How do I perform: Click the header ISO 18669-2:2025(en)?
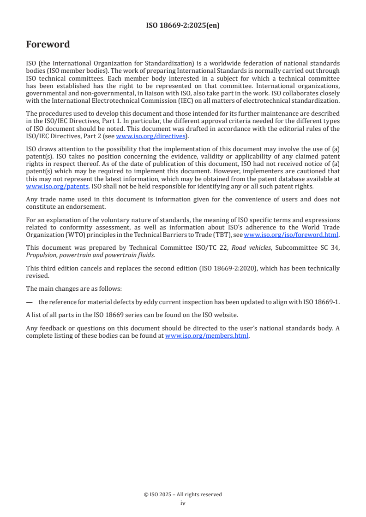pyautogui.click(x=183, y=25)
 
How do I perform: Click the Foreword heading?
pyautogui.click(x=48, y=45)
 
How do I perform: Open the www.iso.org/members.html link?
pyautogui.click(x=207, y=336)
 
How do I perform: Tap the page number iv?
pyautogui.click(x=183, y=503)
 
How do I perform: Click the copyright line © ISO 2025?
pyautogui.click(x=183, y=494)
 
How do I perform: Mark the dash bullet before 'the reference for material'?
pyautogui.click(x=30, y=302)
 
